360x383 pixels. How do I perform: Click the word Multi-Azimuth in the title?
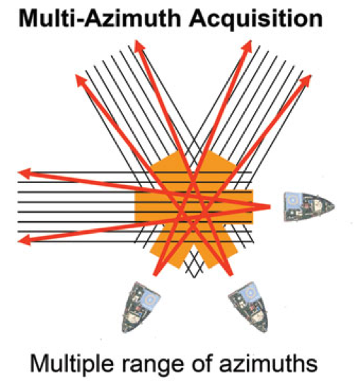pyautogui.click(x=100, y=18)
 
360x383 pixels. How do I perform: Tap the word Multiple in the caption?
pyautogui.click(x=71, y=364)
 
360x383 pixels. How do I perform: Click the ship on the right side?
pyautogui.click(x=309, y=206)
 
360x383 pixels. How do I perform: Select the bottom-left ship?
pyautogui.click(x=140, y=307)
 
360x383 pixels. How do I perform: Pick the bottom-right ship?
pyautogui.click(x=248, y=307)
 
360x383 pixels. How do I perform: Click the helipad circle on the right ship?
pyautogui.click(x=292, y=200)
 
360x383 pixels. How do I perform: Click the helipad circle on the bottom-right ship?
pyautogui.click(x=249, y=293)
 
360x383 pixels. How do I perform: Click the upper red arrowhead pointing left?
pyautogui.click(x=25, y=172)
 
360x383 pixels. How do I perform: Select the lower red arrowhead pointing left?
pyautogui.click(x=25, y=240)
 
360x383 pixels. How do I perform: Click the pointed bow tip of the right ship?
pyautogui.click(x=334, y=206)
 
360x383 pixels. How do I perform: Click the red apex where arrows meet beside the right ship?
pyautogui.click(x=269, y=207)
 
